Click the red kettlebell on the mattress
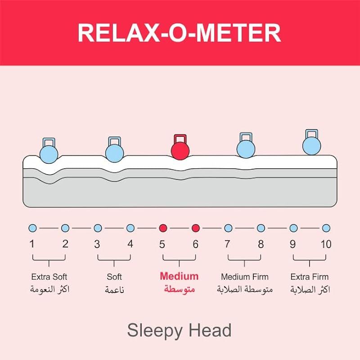coord(180,149)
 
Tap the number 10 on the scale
coord(326,244)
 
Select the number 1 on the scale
coord(32,244)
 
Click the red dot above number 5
coord(163,228)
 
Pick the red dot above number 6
coord(195,228)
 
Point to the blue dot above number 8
coord(261,228)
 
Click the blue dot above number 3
coord(98,228)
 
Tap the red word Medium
coord(179,276)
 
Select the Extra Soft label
coord(49,276)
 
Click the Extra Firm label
coord(310,276)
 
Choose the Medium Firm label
coord(245,276)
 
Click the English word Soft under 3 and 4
coord(114,276)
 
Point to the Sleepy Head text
coord(179,330)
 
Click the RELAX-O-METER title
coord(179,32)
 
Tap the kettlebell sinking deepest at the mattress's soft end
coord(49,152)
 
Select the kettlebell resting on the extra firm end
coord(311,144)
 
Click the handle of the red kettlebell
coord(180,137)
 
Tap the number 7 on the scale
coord(228,244)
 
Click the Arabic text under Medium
coord(179,289)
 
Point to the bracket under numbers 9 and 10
coord(310,259)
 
